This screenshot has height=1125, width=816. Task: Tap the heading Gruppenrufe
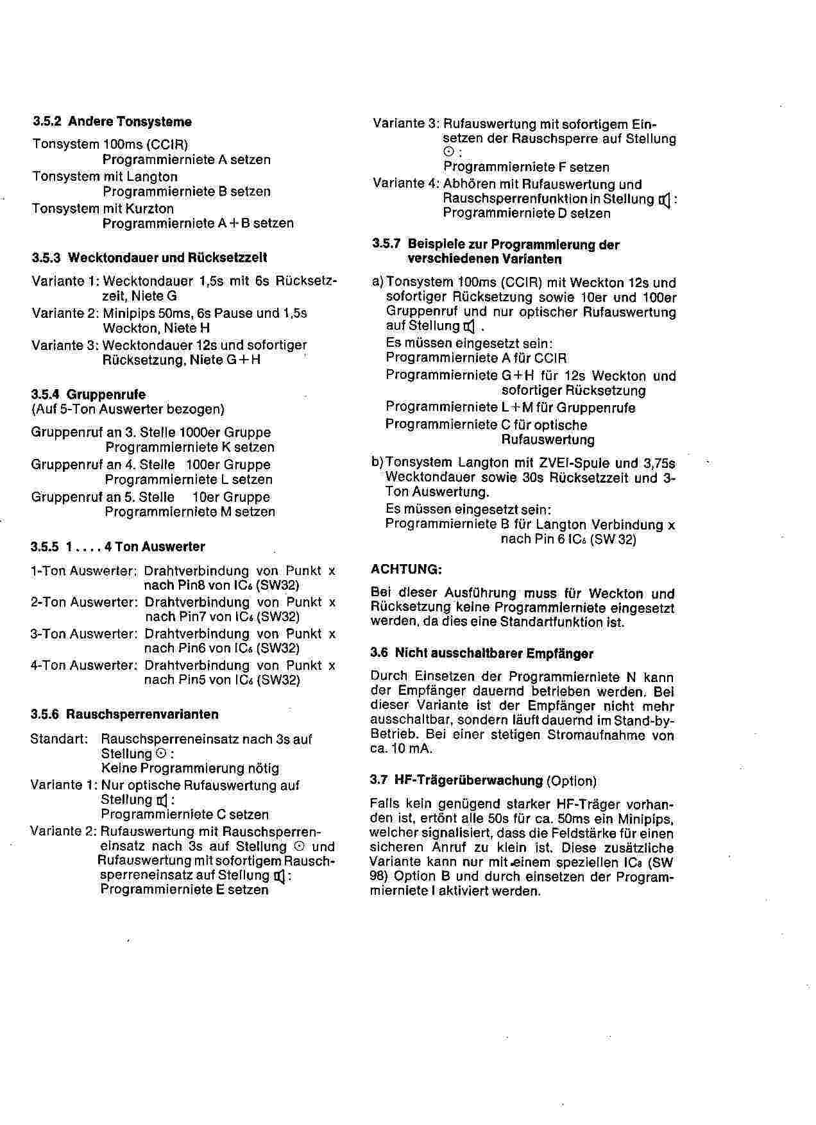[106, 395]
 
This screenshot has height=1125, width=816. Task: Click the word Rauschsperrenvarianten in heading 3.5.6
[142, 714]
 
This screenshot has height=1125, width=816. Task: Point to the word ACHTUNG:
[407, 569]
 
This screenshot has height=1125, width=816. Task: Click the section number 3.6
[379, 654]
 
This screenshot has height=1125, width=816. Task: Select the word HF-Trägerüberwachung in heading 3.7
[469, 781]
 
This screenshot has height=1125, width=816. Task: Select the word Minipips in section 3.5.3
[128, 313]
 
